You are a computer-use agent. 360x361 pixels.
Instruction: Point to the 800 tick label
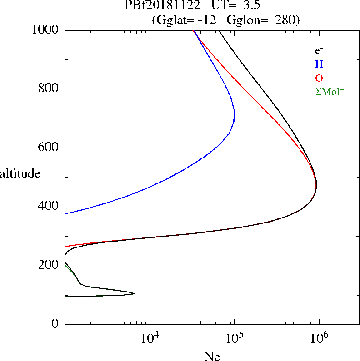tap(49, 89)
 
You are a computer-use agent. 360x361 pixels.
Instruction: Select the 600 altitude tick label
tap(49, 148)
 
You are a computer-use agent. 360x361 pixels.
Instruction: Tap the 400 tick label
tap(49, 207)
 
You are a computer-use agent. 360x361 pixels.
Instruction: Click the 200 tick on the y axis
tap(49, 265)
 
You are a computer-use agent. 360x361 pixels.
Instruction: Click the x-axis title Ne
tap(212, 356)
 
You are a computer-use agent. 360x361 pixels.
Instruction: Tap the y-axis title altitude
tap(20, 173)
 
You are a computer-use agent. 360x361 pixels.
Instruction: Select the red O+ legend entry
tap(321, 78)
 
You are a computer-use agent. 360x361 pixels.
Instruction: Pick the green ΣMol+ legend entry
tap(329, 91)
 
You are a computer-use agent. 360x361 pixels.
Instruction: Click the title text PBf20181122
tap(162, 6)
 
